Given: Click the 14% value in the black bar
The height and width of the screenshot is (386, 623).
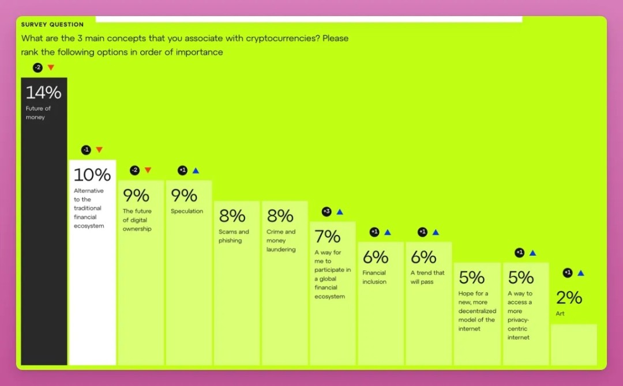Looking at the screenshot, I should pyautogui.click(x=43, y=92).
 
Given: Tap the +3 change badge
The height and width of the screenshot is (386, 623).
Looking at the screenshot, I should pyautogui.click(x=326, y=211).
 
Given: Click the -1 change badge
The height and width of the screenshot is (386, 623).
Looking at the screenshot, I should pyautogui.click(x=86, y=150).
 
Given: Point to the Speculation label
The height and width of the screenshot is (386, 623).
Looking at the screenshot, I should pyautogui.click(x=187, y=211).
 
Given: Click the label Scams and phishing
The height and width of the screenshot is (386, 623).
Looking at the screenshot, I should pyautogui.click(x=234, y=236).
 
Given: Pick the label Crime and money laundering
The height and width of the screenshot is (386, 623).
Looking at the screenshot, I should pyautogui.click(x=281, y=241).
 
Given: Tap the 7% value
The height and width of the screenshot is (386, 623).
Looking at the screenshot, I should pyautogui.click(x=327, y=236).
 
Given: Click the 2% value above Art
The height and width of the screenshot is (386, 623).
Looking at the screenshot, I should pyautogui.click(x=569, y=297).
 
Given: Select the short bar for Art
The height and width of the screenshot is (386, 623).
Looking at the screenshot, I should pyautogui.click(x=573, y=345).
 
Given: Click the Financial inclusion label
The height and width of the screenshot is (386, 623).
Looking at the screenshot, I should pyautogui.click(x=374, y=277).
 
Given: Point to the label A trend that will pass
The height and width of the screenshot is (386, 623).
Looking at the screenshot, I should pyautogui.click(x=427, y=277).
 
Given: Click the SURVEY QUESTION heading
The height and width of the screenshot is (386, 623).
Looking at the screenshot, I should pyautogui.click(x=52, y=25).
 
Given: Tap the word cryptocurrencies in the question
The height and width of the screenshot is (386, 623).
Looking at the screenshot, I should pyautogui.click(x=283, y=39).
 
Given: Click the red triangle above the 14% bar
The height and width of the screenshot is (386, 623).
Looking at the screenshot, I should pyautogui.click(x=51, y=67).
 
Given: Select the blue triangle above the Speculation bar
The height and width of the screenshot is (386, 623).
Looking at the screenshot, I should pyautogui.click(x=196, y=171).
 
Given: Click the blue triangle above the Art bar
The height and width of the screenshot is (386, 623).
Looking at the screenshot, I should pyautogui.click(x=581, y=273).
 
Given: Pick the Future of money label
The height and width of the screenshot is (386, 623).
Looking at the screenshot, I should pyautogui.click(x=38, y=113).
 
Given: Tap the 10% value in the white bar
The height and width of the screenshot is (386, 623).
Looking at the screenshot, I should pyautogui.click(x=92, y=175).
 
